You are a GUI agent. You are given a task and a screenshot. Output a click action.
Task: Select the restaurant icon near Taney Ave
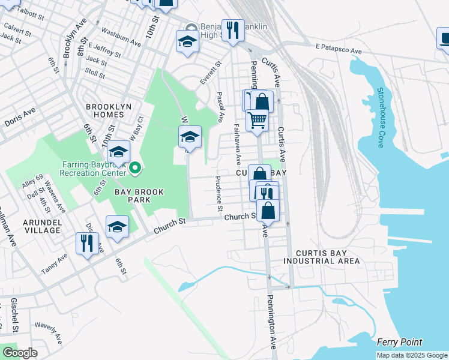pyautogui.click(x=87, y=242)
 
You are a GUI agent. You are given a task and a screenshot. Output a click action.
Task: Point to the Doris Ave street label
pyautogui.click(x=20, y=117)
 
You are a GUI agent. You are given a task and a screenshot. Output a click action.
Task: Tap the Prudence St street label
pyautogui.click(x=219, y=191)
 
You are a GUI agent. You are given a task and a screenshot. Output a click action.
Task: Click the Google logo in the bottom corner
pyautogui.click(x=20, y=353)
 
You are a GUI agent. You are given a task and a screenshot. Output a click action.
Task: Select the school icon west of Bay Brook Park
pyautogui.click(x=118, y=226)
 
